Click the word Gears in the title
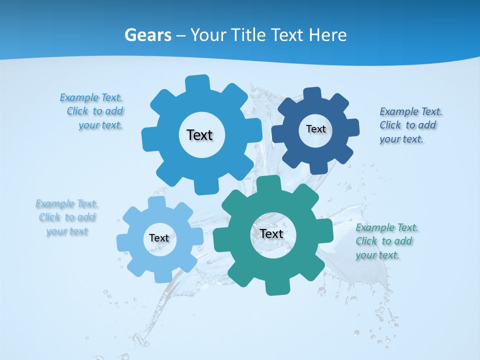[x=147, y=35]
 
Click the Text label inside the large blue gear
[x=199, y=135]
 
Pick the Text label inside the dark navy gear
[x=315, y=129]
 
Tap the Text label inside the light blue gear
[x=159, y=238]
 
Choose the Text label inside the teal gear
[x=271, y=233]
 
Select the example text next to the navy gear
[x=410, y=125]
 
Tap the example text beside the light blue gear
[x=67, y=217]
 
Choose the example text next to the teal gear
[x=386, y=241]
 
